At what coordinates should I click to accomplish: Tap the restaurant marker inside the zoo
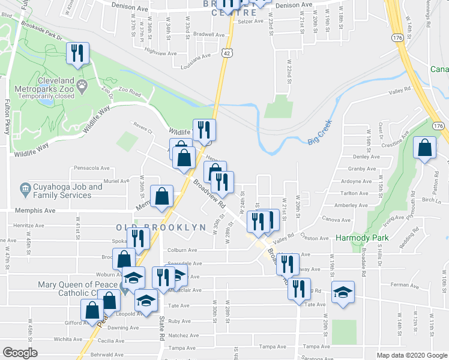point(77,53)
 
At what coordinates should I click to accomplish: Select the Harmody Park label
point(362,238)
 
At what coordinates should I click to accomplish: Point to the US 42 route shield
point(226,53)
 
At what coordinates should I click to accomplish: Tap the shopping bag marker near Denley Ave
point(425,149)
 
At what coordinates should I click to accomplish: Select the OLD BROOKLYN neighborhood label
point(152,227)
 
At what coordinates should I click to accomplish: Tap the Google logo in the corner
point(20,353)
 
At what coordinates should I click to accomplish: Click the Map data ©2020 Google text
point(412,355)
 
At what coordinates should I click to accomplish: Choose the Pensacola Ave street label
point(91,169)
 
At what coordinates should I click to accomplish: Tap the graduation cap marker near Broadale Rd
point(343,292)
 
